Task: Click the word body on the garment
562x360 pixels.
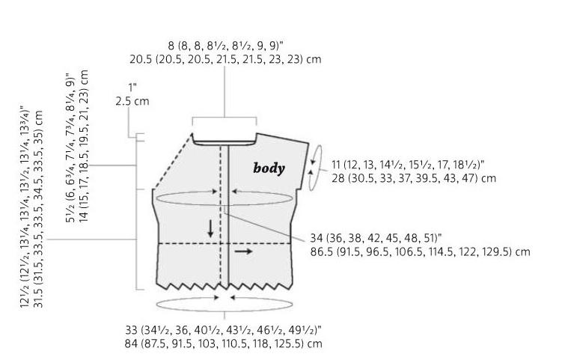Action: [x=269, y=168]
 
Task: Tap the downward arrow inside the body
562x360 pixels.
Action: [x=210, y=228]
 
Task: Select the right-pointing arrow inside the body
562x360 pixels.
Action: [x=243, y=251]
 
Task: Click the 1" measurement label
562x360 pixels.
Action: [x=132, y=88]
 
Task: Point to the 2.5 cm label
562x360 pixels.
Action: [x=132, y=101]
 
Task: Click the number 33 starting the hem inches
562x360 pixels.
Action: [x=132, y=330]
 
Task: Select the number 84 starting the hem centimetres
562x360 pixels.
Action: [x=131, y=344]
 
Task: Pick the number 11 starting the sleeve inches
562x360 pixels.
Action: [x=336, y=165]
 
